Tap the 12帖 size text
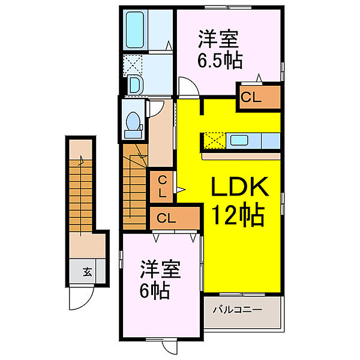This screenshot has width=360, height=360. point(236,215)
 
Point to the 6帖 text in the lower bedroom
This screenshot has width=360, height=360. point(155,291)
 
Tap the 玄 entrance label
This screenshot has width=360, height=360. point(87,272)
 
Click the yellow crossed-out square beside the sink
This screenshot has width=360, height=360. point(212,141)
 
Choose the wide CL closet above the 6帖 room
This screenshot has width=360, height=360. point(174,218)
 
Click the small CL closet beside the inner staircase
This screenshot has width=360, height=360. point(162,187)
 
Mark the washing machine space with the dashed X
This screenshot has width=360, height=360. point(133,64)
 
